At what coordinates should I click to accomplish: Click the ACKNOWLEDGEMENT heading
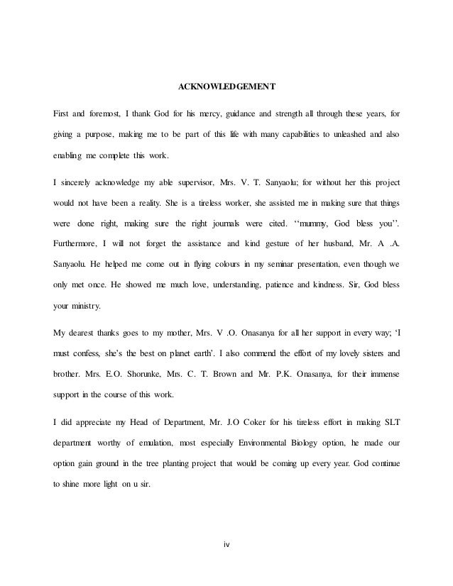(x=226, y=88)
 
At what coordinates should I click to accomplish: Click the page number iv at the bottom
(x=226, y=544)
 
